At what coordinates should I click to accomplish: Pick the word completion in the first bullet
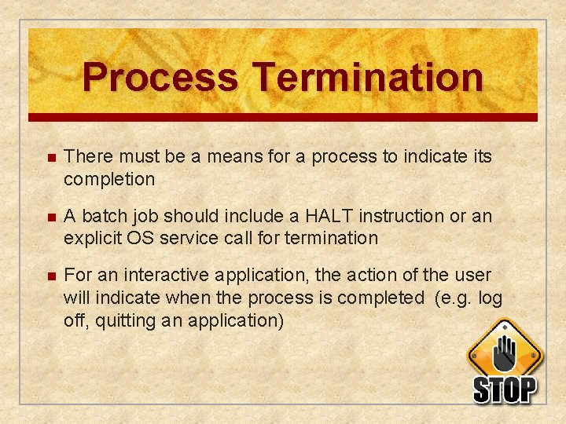[109, 179]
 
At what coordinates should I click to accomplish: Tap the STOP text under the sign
[505, 389]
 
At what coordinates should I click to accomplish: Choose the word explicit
[90, 237]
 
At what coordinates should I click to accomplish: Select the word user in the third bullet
[472, 276]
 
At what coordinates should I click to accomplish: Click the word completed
[387, 298]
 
